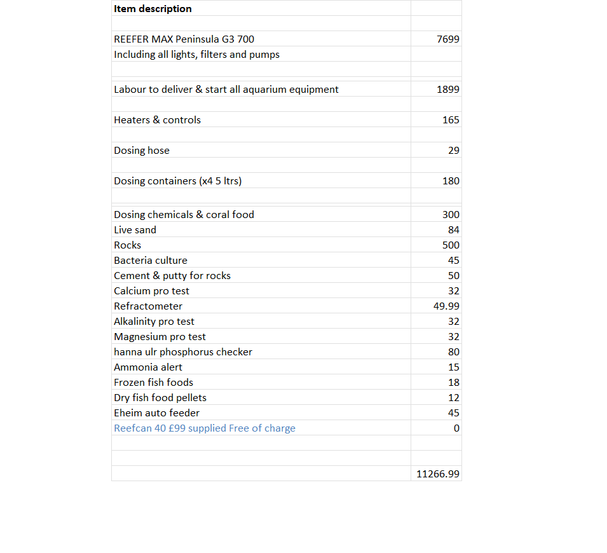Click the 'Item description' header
(153, 9)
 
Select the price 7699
(448, 39)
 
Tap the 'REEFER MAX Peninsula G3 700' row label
(184, 39)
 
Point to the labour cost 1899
(448, 90)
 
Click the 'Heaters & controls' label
(157, 120)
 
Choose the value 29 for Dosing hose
(453, 151)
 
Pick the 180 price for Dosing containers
(451, 181)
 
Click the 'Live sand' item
(135, 230)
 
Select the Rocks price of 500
(451, 245)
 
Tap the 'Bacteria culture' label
(151, 261)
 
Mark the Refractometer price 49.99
(446, 306)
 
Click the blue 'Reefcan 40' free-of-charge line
(205, 428)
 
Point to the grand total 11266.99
(438, 474)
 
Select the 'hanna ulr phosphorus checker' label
(183, 352)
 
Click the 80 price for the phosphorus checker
(454, 352)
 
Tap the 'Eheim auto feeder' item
(156, 413)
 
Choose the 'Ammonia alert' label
(148, 367)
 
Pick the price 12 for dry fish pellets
(454, 398)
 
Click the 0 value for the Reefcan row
(456, 428)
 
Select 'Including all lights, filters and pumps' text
(196, 55)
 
